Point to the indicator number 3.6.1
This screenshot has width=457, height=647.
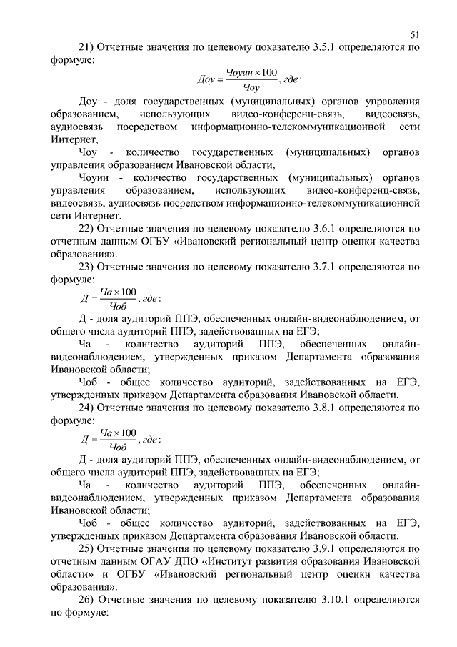tap(325, 229)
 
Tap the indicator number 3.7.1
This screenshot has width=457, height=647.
tap(325, 268)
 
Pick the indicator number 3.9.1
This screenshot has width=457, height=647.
tap(325, 548)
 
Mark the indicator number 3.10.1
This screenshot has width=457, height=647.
tap(328, 600)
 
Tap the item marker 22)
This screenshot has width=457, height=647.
tap(86, 229)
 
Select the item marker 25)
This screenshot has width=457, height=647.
tap(86, 548)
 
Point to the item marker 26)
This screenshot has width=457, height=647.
tap(86, 600)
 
